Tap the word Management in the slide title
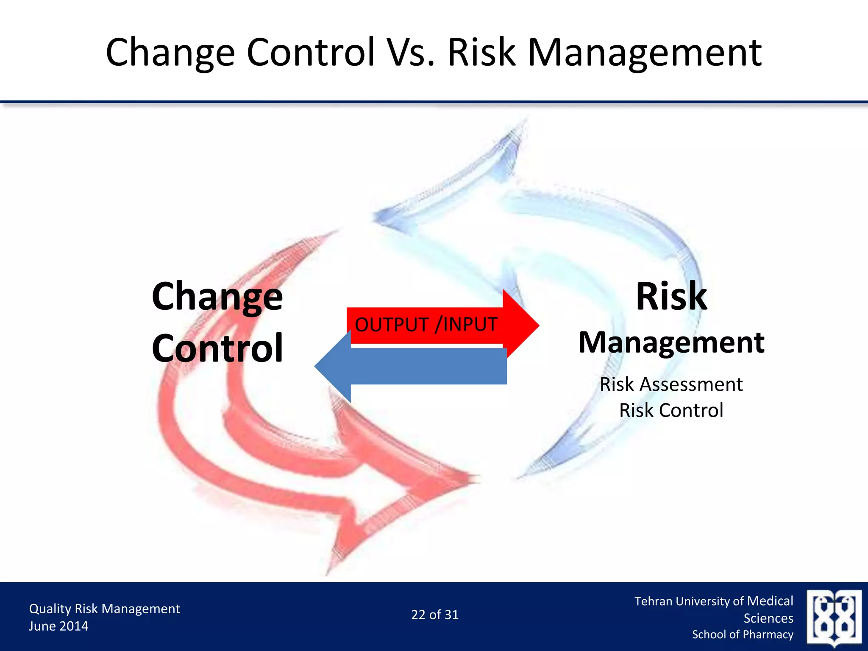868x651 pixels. tap(644, 53)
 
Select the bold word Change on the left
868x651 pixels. tap(217, 297)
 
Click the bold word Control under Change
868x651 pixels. tap(217, 348)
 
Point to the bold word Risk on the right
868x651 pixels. tap(671, 297)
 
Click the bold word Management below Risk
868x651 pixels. tap(671, 342)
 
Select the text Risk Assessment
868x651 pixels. tap(671, 384)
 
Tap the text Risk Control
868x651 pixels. tap(671, 410)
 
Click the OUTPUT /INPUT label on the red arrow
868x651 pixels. tap(426, 325)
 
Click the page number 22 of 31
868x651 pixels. tap(435, 615)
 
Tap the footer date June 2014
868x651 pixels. tap(58, 626)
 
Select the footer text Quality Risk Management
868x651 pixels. tap(104, 609)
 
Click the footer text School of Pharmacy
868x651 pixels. tap(743, 634)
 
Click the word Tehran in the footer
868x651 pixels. tap(653, 601)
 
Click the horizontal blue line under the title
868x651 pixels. tap(434, 102)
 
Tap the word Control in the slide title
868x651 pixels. tap(311, 53)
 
